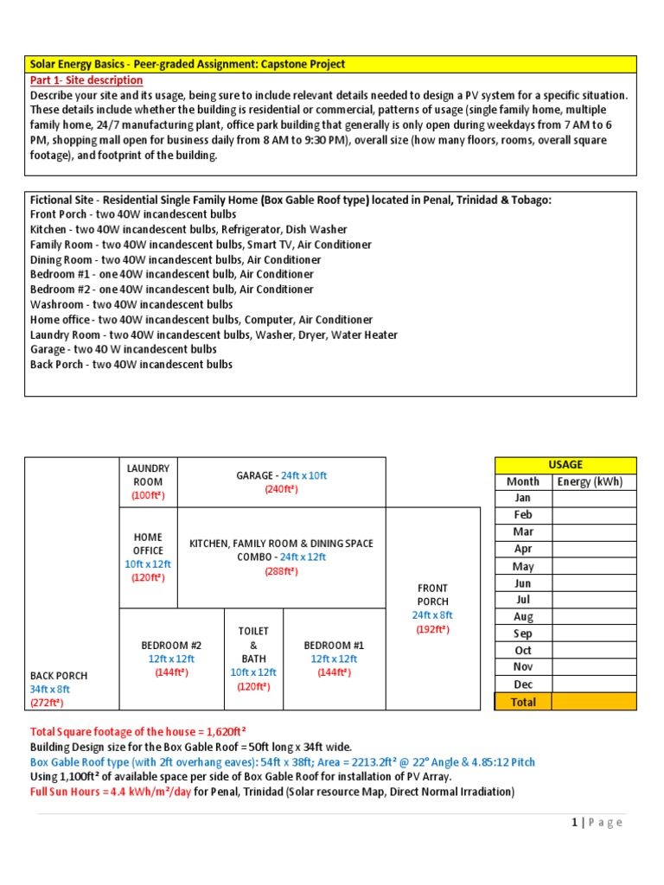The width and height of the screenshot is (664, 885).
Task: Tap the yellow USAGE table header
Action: coord(565,465)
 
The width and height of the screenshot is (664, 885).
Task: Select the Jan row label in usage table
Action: coord(522,498)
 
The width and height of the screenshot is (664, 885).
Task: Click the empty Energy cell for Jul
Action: coord(594,600)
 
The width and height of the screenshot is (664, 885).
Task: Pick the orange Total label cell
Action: coord(523,702)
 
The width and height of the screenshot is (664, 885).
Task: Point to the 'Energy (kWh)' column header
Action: coord(591,481)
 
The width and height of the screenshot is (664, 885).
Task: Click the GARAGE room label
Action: coord(257,475)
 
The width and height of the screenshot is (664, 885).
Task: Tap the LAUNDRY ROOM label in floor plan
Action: coord(147,474)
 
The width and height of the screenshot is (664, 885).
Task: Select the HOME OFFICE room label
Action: coord(147,544)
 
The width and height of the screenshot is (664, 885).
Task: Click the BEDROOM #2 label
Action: coord(171,645)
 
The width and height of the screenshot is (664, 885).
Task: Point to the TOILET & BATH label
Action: coord(253,645)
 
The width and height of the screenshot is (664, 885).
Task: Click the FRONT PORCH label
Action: coord(432,595)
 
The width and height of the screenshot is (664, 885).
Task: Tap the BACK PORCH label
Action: coord(59,675)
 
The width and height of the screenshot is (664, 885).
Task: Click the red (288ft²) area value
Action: coord(281,571)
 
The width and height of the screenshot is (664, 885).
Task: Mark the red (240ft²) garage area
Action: coord(281,490)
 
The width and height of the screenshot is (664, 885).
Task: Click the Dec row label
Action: coord(522,684)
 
